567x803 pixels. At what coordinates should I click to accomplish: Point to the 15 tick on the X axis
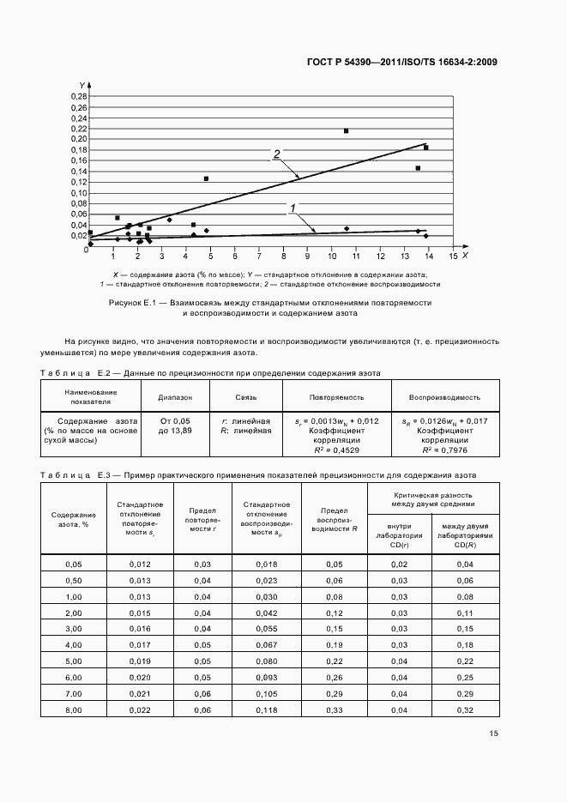[453, 256]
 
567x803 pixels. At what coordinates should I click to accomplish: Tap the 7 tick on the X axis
[259, 256]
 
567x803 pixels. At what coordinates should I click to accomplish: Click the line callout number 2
[276, 154]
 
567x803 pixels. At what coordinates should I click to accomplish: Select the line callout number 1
[293, 208]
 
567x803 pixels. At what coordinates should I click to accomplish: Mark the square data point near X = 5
[206, 178]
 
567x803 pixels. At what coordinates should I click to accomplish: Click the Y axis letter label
[81, 85]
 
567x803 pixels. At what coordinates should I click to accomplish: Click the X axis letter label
[465, 255]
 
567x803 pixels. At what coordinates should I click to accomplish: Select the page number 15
[493, 734]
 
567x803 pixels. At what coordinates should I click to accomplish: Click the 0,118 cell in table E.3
[265, 710]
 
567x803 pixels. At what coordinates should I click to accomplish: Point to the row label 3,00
[73, 629]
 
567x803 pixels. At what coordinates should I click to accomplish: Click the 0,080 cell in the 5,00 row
[265, 661]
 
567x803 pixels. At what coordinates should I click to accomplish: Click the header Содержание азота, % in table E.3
[73, 521]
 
